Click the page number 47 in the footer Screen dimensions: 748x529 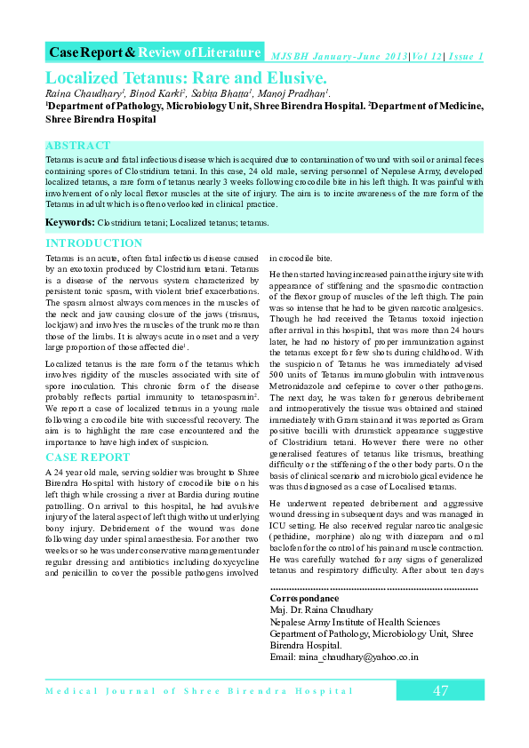pyautogui.click(x=440, y=691)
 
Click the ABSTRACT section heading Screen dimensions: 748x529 pyautogui.click(x=78, y=146)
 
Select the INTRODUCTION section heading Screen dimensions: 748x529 pyautogui.click(x=93, y=243)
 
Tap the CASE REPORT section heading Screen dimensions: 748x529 pyautogui.click(x=87, y=458)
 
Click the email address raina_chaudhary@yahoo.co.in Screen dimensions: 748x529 pyautogui.click(x=344, y=657)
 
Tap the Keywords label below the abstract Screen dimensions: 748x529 pyautogui.click(x=70, y=220)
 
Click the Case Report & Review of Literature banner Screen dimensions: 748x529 pyautogui.click(x=155, y=52)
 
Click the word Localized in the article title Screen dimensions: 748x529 pyautogui.click(x=87, y=76)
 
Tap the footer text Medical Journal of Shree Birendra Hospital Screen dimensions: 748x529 pyautogui.click(x=199, y=691)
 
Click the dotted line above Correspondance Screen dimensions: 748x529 pyautogui.click(x=373, y=588)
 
